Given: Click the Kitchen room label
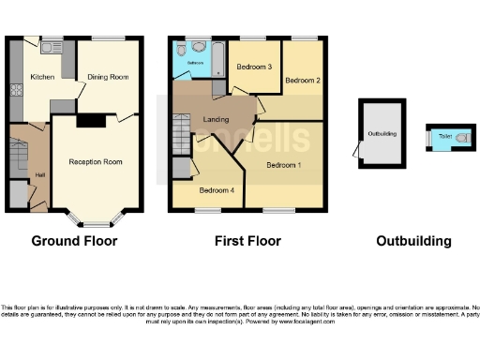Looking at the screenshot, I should [42, 77].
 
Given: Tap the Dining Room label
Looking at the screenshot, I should [108, 77].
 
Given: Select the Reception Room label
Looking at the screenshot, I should [96, 162].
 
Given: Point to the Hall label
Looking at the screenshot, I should [40, 174].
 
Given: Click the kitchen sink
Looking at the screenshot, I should [49, 45].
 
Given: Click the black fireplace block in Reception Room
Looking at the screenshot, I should [90, 120].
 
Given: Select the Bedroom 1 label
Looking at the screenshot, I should [283, 166].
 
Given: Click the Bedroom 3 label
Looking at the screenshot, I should [253, 67].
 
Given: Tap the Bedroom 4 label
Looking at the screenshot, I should [217, 191].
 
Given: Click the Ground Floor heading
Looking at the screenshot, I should [74, 241].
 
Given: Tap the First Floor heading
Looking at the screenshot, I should [247, 241].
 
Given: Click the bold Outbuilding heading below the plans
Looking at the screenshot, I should [413, 241].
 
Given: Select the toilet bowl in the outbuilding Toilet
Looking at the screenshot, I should [460, 137].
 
